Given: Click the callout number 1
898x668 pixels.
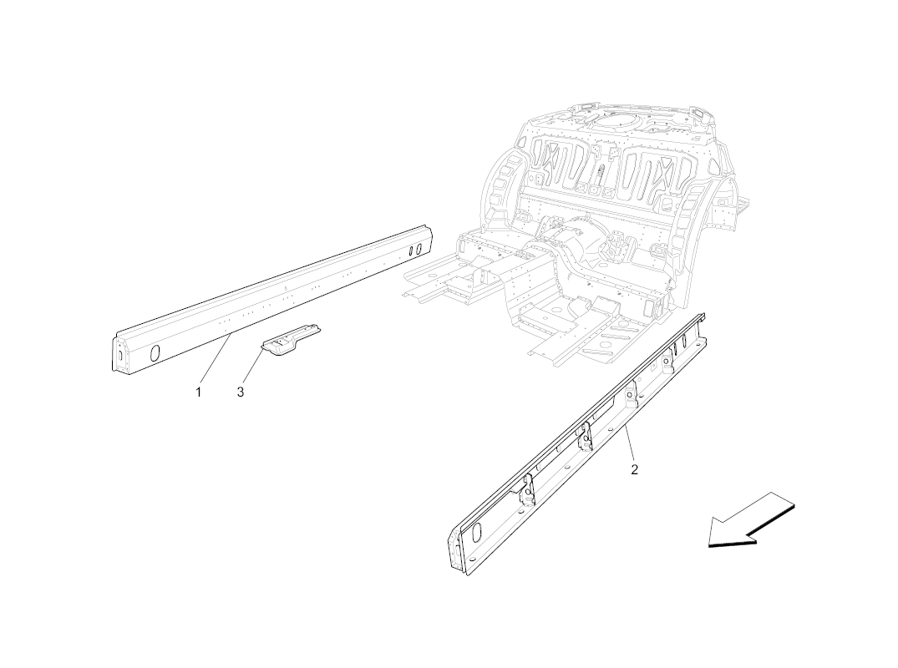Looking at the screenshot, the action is coord(198,392).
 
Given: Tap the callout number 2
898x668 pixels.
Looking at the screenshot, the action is coord(634,470).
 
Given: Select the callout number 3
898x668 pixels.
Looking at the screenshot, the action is coord(241,392).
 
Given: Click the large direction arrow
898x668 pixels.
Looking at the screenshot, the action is coord(750,521).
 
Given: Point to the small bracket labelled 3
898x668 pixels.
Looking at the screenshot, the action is coord(292,340).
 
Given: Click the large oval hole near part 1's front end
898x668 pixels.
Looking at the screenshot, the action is coord(155,352).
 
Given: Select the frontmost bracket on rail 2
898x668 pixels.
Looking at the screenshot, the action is coord(526,490).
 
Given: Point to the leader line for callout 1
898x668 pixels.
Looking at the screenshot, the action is coord(216,360).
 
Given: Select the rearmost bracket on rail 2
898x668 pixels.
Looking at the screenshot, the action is coord(630,394).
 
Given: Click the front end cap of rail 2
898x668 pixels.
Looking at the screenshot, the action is coord(456,549).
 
